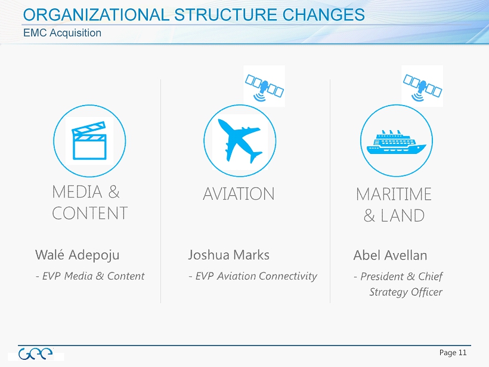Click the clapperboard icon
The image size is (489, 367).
89,141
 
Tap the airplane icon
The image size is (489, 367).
240,140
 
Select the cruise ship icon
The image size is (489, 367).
397,142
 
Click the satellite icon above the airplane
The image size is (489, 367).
264,87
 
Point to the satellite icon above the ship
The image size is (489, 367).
422,87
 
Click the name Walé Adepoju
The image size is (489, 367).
78,255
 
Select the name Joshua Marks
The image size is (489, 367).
228,255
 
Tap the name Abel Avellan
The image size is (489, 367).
390,255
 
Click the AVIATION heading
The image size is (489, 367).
239,194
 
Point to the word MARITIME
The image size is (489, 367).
394,194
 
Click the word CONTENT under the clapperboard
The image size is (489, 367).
90,213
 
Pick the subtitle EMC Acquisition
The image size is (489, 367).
63,33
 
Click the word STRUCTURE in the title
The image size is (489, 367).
225,15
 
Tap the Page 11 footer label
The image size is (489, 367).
453,353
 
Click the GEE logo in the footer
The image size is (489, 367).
35,354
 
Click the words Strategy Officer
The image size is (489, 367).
406,292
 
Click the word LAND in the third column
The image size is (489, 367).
403,215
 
